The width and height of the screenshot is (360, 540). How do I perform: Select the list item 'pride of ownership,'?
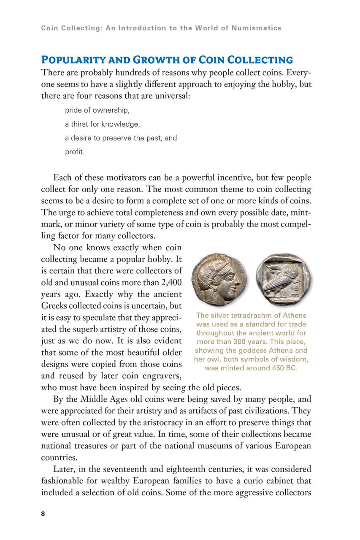point(97,111)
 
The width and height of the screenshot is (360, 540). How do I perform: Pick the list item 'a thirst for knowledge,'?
point(102,124)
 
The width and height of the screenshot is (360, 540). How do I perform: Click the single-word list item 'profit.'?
point(75,152)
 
